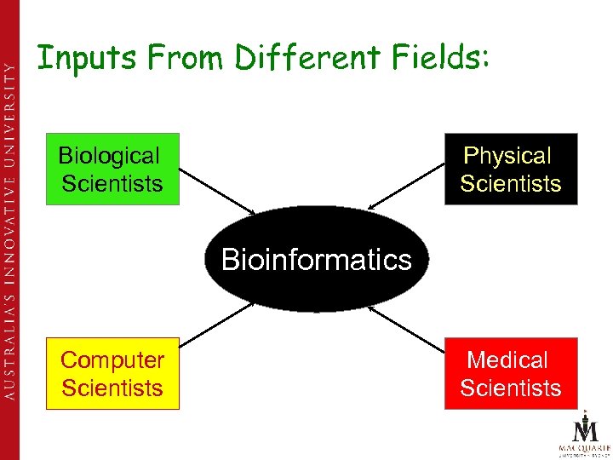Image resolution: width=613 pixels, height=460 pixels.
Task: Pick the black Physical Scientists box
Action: pyautogui.click(x=511, y=170)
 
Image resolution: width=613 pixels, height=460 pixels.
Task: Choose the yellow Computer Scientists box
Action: pyautogui.click(x=112, y=374)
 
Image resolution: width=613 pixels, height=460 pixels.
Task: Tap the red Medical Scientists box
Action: pyautogui.click(x=511, y=374)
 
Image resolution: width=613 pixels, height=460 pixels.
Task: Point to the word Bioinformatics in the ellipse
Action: pyautogui.click(x=316, y=259)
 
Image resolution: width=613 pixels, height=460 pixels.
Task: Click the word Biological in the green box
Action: pyautogui.click(x=109, y=156)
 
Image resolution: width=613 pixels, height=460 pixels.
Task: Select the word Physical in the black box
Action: pyautogui.click(x=507, y=156)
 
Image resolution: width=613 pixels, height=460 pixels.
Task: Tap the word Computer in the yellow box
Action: pyautogui.click(x=112, y=360)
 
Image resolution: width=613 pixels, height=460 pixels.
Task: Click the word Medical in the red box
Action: pyautogui.click(x=507, y=360)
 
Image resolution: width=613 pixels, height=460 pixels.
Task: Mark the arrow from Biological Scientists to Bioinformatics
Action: pyautogui.click(x=218, y=191)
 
